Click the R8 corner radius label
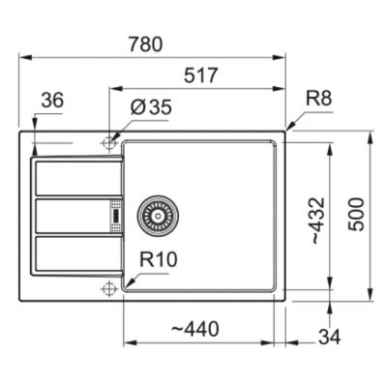(x=318, y=99)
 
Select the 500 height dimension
(x=358, y=216)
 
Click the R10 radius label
(x=157, y=259)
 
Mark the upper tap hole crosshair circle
(x=108, y=143)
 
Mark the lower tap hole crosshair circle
(x=108, y=287)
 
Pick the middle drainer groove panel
(x=72, y=215)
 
